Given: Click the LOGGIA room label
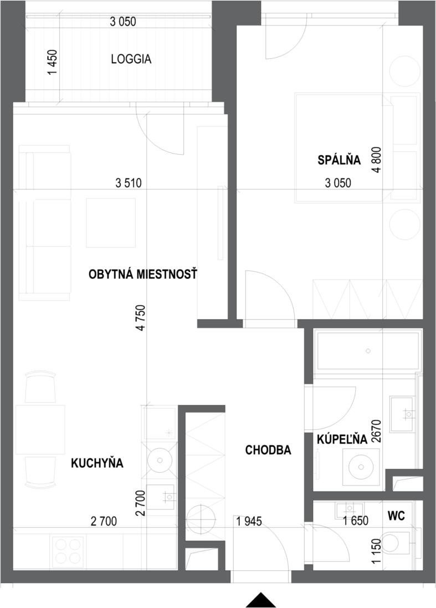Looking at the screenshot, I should pyautogui.click(x=131, y=59).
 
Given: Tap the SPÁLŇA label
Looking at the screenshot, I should pyautogui.click(x=339, y=160).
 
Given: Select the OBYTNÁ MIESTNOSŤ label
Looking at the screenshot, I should pyautogui.click(x=143, y=274).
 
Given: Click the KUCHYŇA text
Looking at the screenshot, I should pyautogui.click(x=97, y=463).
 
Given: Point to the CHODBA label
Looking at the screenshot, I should pyautogui.click(x=268, y=451).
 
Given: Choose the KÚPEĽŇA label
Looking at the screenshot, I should pyautogui.click(x=342, y=440).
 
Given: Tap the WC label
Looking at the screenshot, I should pyautogui.click(x=396, y=516).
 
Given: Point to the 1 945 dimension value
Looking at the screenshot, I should pyautogui.click(x=248, y=521).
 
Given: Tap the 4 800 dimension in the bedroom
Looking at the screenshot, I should pyautogui.click(x=377, y=160).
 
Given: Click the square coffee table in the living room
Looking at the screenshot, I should pyautogui.click(x=111, y=223).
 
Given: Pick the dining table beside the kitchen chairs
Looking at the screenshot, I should pyautogui.click(x=40, y=430).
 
